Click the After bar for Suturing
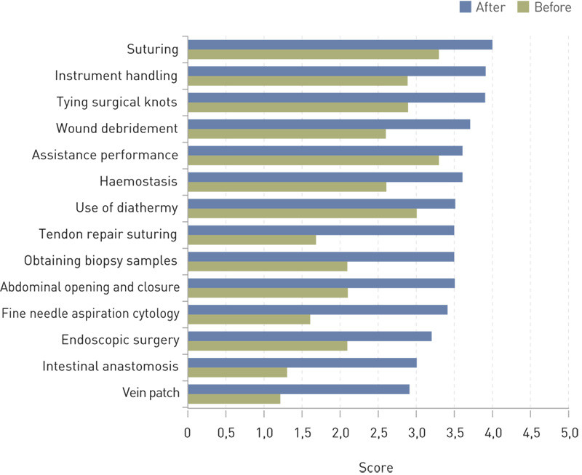click(340, 45)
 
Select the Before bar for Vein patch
click(234, 399)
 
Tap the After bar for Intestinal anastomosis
click(302, 362)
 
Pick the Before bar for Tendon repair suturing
click(252, 240)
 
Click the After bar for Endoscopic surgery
click(309, 336)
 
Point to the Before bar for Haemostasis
click(287, 187)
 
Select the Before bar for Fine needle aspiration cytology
click(249, 319)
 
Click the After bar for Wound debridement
click(329, 124)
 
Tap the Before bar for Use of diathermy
click(302, 214)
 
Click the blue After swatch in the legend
click(466, 8)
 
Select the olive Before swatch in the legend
click(522, 8)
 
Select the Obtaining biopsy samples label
click(101, 260)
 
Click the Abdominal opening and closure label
click(89, 287)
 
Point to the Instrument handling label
click(116, 76)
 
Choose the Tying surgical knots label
click(116, 102)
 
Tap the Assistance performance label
click(105, 155)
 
